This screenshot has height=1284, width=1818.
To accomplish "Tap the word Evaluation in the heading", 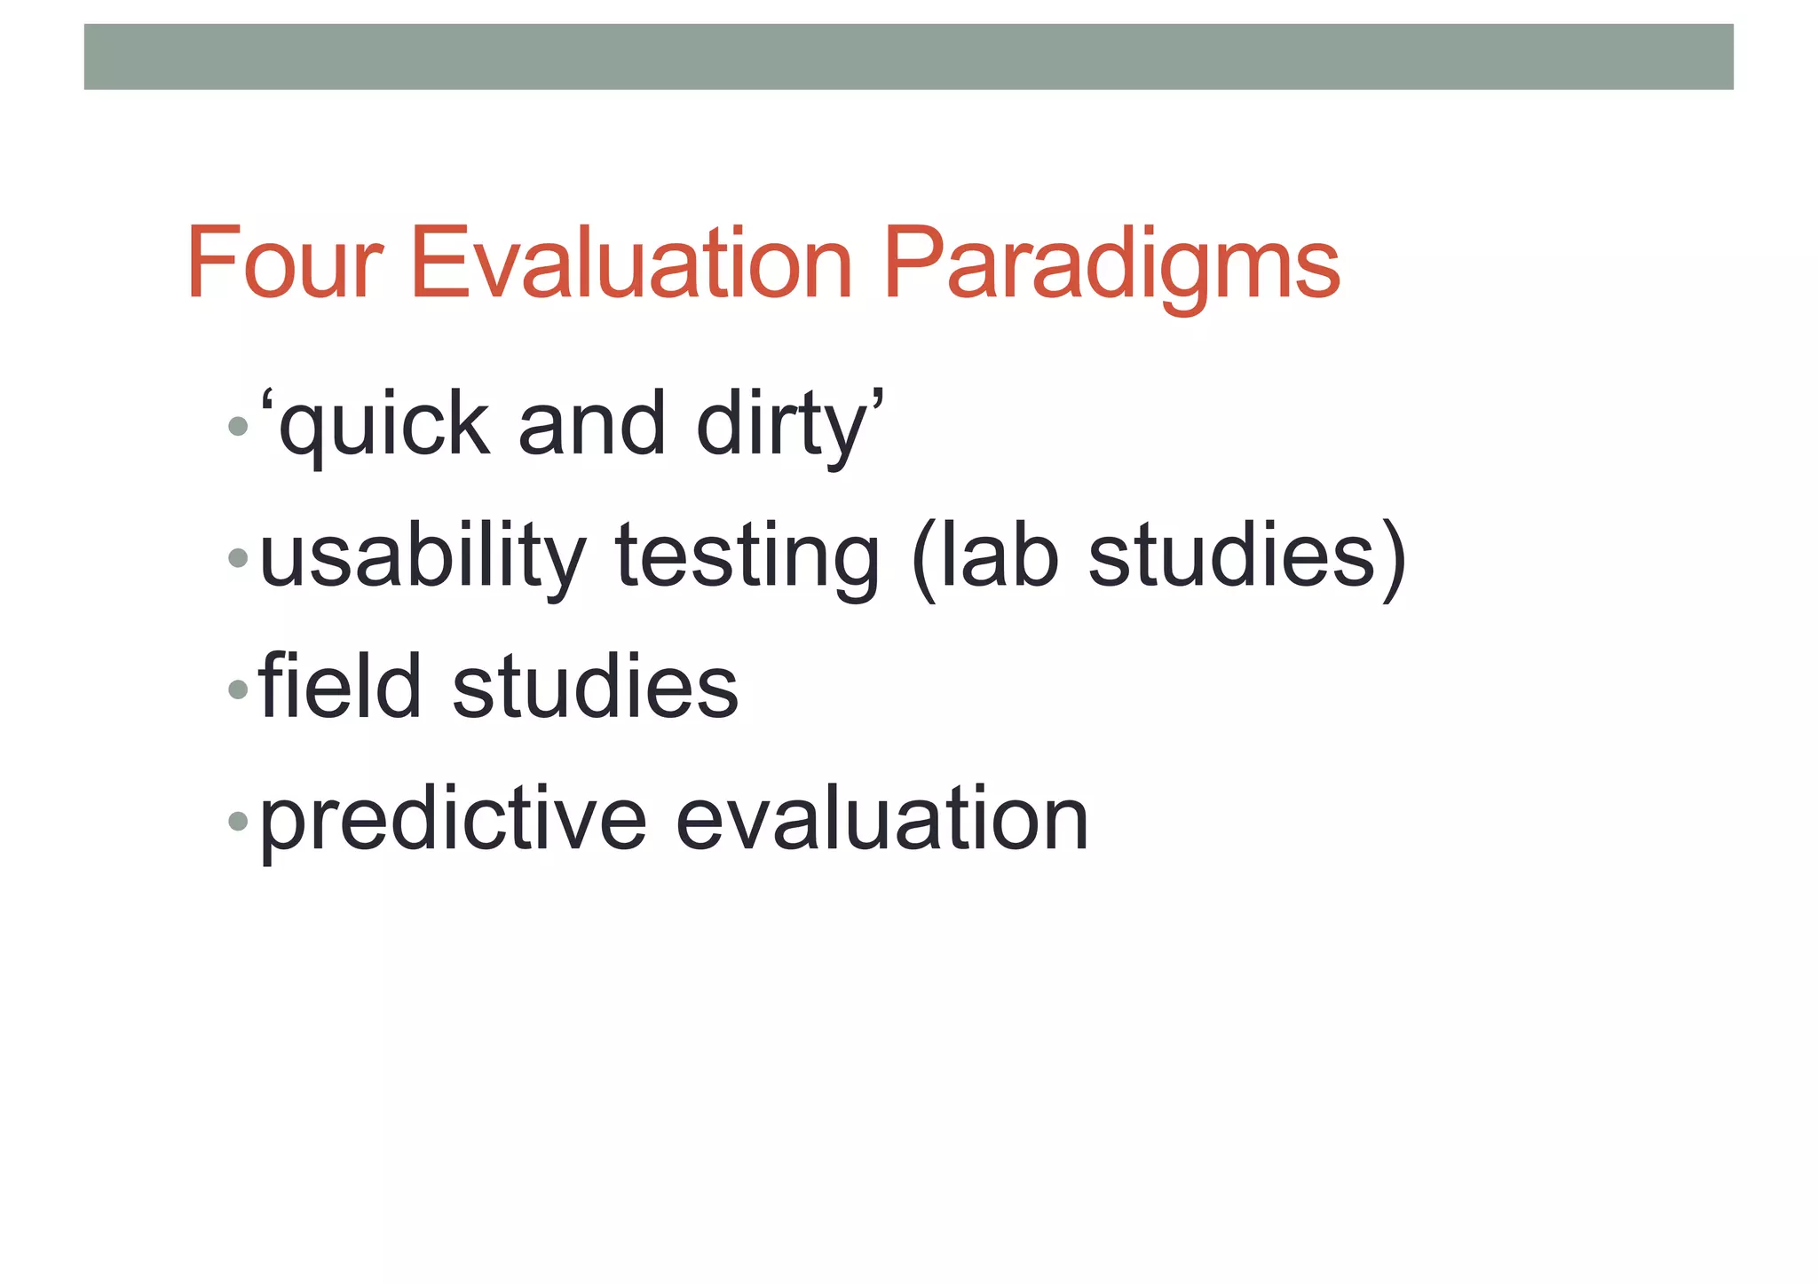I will [x=631, y=264].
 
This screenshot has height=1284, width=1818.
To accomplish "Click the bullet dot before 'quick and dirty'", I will [x=237, y=427].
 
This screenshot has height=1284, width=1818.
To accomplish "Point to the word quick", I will [x=383, y=427].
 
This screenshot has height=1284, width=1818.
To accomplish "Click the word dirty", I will [x=781, y=427].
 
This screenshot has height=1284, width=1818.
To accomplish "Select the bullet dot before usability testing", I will [x=237, y=558].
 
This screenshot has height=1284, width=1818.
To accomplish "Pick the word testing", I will [x=747, y=557].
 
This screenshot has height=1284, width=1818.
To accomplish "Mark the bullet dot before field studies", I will [x=237, y=689].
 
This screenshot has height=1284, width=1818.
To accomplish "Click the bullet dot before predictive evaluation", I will [x=237, y=821].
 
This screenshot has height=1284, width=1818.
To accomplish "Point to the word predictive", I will [x=453, y=820].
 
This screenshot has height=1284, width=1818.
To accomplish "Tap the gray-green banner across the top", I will [x=908, y=57].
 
